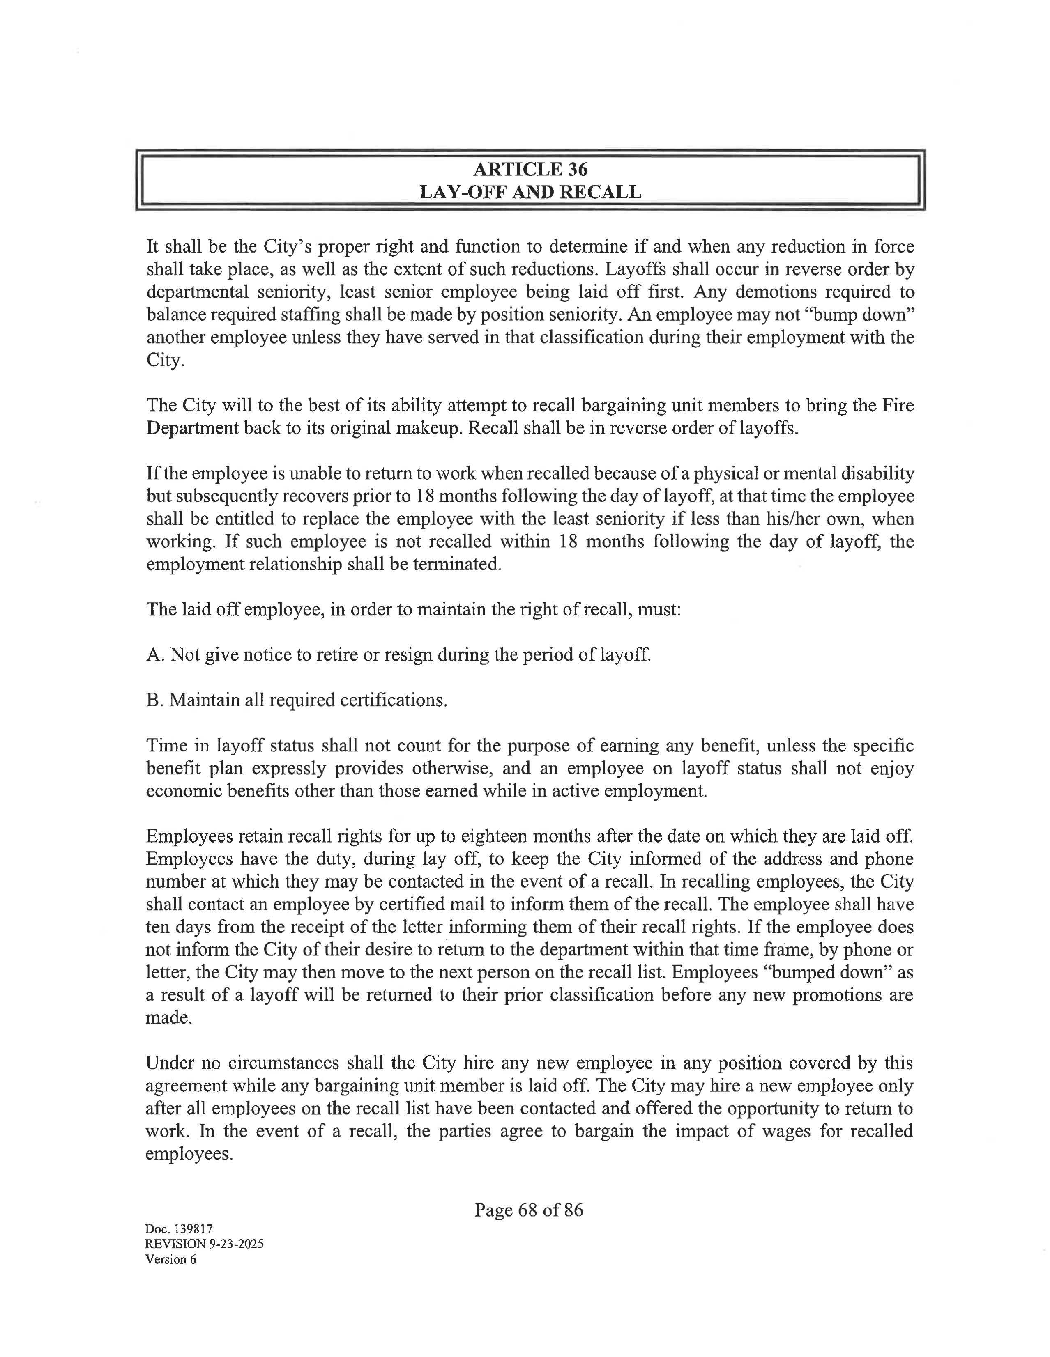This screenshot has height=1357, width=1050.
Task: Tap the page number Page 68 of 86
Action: click(x=528, y=1209)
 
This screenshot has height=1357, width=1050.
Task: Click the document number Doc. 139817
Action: click(x=179, y=1228)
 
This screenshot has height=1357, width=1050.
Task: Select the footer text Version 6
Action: click(x=170, y=1259)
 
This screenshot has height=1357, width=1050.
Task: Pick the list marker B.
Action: click(x=154, y=700)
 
